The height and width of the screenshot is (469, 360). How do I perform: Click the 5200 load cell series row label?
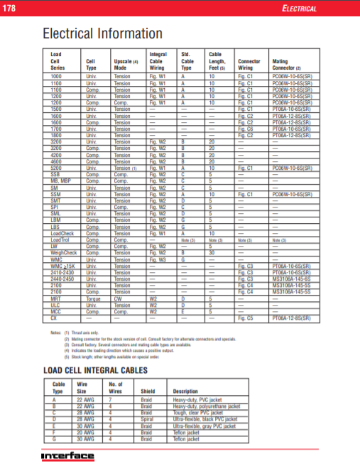[x=56, y=168]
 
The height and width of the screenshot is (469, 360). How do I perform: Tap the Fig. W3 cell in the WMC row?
[x=158, y=259]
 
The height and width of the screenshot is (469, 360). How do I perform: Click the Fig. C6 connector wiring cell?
[x=245, y=129]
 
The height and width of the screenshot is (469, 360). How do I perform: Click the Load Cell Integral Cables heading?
[x=95, y=370]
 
